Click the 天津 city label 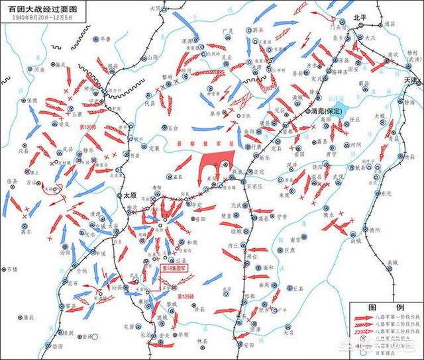[x=412, y=81]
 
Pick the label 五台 [x=174, y=126]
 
